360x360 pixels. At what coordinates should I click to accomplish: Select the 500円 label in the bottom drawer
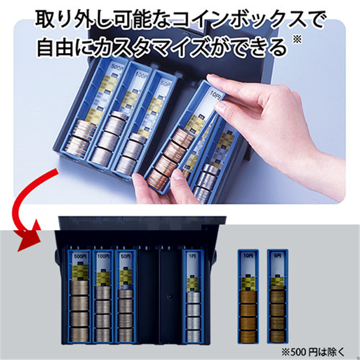80,257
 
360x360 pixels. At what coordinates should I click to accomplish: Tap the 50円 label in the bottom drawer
126,257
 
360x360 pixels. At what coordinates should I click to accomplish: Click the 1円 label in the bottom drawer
193,257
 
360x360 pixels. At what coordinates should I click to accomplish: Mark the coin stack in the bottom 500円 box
80,310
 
